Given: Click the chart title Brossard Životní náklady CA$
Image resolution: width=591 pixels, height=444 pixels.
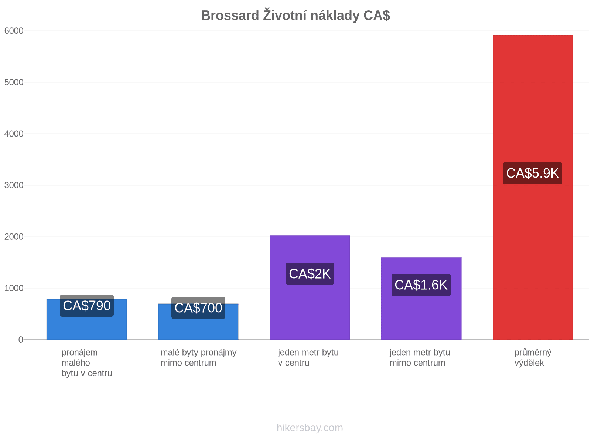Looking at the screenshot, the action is pos(295,15).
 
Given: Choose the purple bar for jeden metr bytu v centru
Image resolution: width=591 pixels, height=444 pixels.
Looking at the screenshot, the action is pos(310,287).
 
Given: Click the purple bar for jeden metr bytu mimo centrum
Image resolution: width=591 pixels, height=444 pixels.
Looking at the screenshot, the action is pos(421,298).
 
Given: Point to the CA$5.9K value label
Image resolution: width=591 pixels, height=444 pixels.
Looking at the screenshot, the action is pos(532,173).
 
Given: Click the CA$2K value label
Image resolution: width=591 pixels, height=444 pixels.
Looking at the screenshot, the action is pos(310,274).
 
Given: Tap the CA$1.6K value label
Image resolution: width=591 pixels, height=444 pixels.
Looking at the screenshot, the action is pos(421,285).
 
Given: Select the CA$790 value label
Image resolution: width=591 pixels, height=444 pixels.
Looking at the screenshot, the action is pos(87,306).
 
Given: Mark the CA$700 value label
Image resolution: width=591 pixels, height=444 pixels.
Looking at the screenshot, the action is pos(198,307).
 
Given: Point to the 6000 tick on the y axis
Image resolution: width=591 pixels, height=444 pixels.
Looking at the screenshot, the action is pos(14,31).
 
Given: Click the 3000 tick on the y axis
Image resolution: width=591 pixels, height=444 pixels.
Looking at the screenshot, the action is pos(14,185).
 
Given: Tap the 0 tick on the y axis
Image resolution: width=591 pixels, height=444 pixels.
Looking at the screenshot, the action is pos(21,339).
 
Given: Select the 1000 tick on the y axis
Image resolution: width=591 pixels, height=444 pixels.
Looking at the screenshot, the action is pos(14,288).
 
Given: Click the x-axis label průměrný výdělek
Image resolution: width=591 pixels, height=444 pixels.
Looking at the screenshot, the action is pos(533,357).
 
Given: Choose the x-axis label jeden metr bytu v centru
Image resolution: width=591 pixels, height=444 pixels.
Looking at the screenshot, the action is pos(308,357).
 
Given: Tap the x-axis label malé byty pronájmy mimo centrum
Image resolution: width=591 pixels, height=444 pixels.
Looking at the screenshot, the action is pos(198,357).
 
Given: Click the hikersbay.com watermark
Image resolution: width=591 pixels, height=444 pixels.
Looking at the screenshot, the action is pos(310,427).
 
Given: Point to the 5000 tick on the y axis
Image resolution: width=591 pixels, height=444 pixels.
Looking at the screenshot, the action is pos(14,82).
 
